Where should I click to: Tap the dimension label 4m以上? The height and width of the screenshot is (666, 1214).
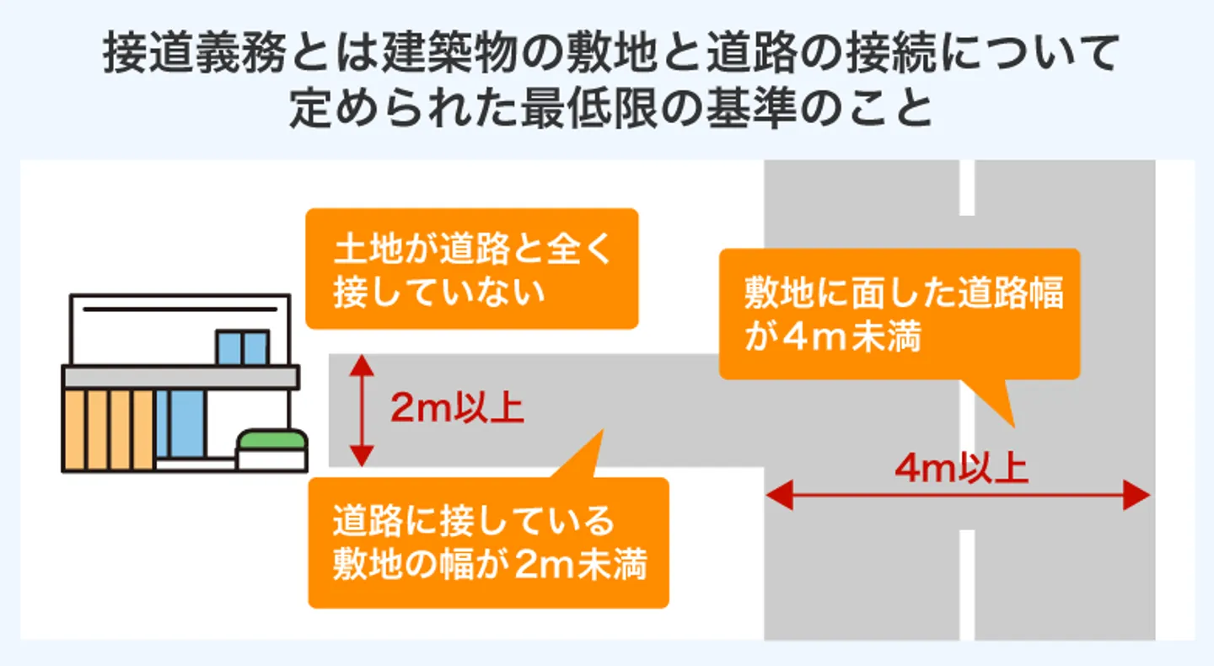(x=961, y=470)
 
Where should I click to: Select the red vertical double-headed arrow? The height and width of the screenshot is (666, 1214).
(x=361, y=410)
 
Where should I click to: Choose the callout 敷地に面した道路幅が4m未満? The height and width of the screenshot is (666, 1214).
(x=900, y=314)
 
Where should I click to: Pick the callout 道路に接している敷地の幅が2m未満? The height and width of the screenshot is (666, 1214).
(x=488, y=543)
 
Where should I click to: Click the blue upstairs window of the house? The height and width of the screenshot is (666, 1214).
(x=242, y=346)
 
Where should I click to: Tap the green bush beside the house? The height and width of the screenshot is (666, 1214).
(x=271, y=440)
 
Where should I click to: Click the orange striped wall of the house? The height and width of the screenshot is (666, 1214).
(x=108, y=429)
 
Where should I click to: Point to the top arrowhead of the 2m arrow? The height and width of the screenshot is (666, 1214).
(x=361, y=363)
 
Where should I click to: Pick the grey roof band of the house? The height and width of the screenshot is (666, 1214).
(x=180, y=377)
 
